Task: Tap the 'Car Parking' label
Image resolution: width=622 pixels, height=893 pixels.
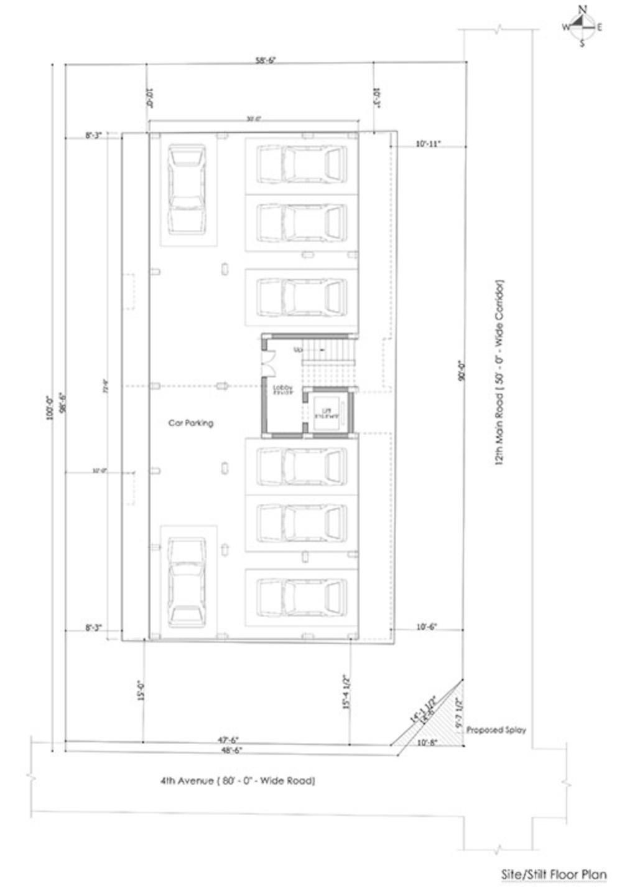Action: click(191, 423)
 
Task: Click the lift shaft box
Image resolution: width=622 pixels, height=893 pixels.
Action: click(327, 411)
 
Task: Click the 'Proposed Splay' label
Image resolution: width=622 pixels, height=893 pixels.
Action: click(496, 729)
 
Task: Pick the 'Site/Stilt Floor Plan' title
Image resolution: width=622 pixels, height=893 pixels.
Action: click(553, 874)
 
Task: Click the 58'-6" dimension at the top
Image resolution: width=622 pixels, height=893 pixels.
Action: click(265, 60)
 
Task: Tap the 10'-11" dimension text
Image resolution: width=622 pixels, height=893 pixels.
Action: click(428, 144)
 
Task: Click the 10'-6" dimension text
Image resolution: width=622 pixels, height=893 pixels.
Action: click(426, 628)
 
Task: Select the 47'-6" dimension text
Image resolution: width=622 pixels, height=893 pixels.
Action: click(228, 740)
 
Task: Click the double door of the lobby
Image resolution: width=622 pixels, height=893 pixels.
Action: click(268, 361)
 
